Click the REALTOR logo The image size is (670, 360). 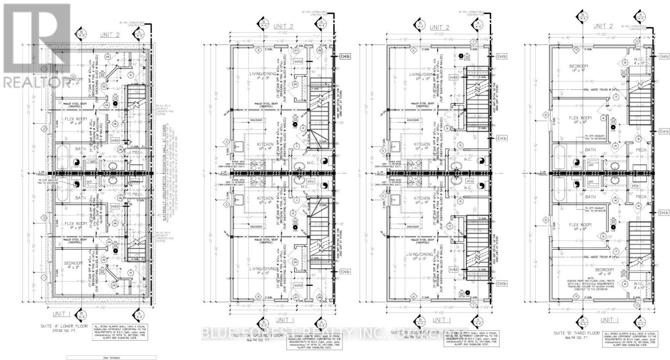[x=36, y=46]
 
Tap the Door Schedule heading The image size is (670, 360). [x=111, y=358]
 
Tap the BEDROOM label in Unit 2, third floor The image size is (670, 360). [x=578, y=66]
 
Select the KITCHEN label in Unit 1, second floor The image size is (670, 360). [x=422, y=198]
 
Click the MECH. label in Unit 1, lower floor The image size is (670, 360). [x=135, y=195]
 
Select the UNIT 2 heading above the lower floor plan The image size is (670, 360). [x=109, y=35]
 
